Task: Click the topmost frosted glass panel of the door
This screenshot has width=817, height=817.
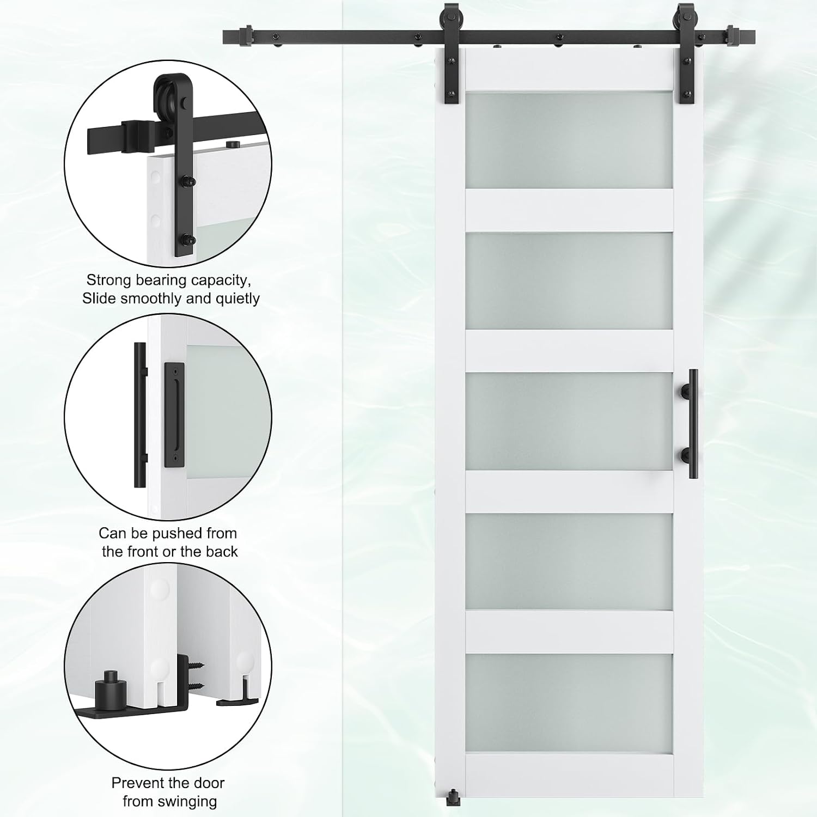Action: tap(569, 141)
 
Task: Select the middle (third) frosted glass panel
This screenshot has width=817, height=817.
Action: tap(569, 422)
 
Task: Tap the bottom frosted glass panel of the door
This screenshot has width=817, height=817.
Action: tap(569, 703)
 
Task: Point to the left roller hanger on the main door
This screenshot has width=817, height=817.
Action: tap(452, 54)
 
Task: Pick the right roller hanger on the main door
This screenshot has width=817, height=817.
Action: tap(684, 54)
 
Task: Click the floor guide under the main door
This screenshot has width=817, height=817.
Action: tap(453, 798)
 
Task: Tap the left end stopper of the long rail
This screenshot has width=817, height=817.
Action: tap(246, 36)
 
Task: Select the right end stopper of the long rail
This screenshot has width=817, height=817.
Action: tap(733, 36)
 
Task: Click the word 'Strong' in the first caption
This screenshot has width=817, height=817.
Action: tap(109, 281)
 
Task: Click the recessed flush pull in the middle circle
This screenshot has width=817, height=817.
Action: tap(174, 415)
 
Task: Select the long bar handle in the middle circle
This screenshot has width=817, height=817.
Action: tap(141, 415)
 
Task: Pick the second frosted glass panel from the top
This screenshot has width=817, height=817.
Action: tap(569, 281)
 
